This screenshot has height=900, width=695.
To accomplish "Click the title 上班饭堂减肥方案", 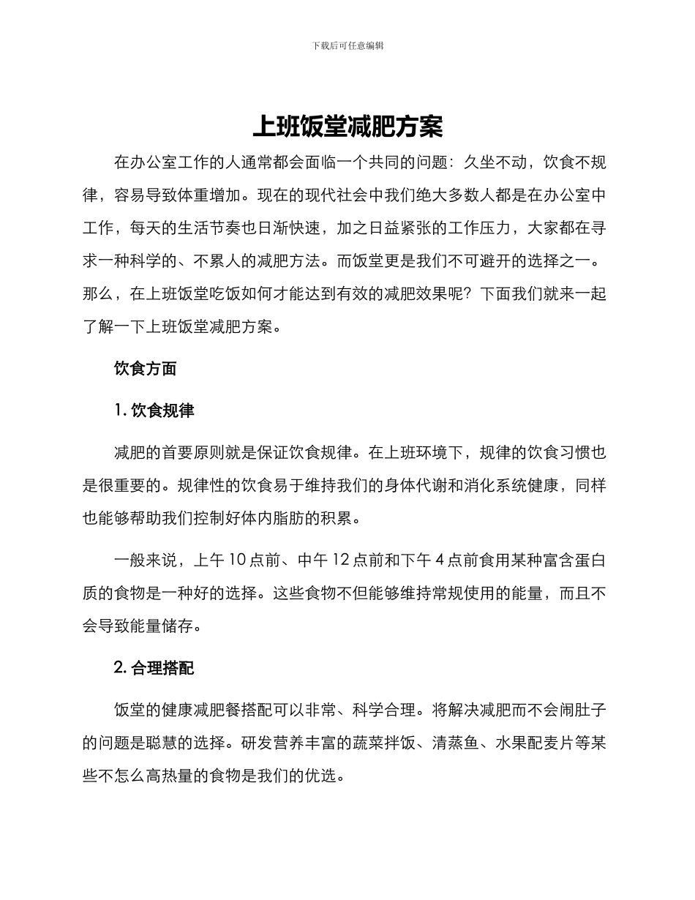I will [x=347, y=127].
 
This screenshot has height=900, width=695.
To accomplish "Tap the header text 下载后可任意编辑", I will [x=347, y=45].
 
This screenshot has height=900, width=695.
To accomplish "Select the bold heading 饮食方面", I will [x=145, y=369].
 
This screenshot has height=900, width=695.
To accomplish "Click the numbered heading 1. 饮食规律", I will [x=154, y=410].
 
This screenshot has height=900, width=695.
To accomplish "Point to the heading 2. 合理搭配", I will [x=154, y=667].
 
